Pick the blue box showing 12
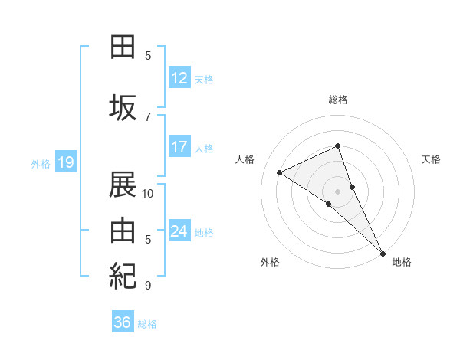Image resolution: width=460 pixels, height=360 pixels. (x=179, y=77)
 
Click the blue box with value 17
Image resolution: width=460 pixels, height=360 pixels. (x=179, y=147)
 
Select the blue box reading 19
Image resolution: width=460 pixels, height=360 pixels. (x=65, y=162)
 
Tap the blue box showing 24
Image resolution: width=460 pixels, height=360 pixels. (x=179, y=231)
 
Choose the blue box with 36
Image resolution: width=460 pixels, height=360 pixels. (x=123, y=322)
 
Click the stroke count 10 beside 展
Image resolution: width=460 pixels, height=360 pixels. (x=148, y=193)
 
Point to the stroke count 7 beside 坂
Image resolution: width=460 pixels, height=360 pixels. (x=148, y=116)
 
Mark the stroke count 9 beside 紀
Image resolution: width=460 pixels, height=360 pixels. (x=148, y=285)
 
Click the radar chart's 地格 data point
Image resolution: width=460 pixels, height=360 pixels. (x=382, y=252)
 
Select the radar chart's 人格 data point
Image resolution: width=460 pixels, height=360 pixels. (x=280, y=172)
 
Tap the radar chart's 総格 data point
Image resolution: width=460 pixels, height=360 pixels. (x=337, y=146)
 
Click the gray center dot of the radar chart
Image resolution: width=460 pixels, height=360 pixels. (x=337, y=191)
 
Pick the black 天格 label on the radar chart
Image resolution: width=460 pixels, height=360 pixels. (x=432, y=159)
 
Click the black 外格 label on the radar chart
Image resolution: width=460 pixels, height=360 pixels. (x=270, y=263)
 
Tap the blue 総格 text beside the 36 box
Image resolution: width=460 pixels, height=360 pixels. (x=147, y=324)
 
